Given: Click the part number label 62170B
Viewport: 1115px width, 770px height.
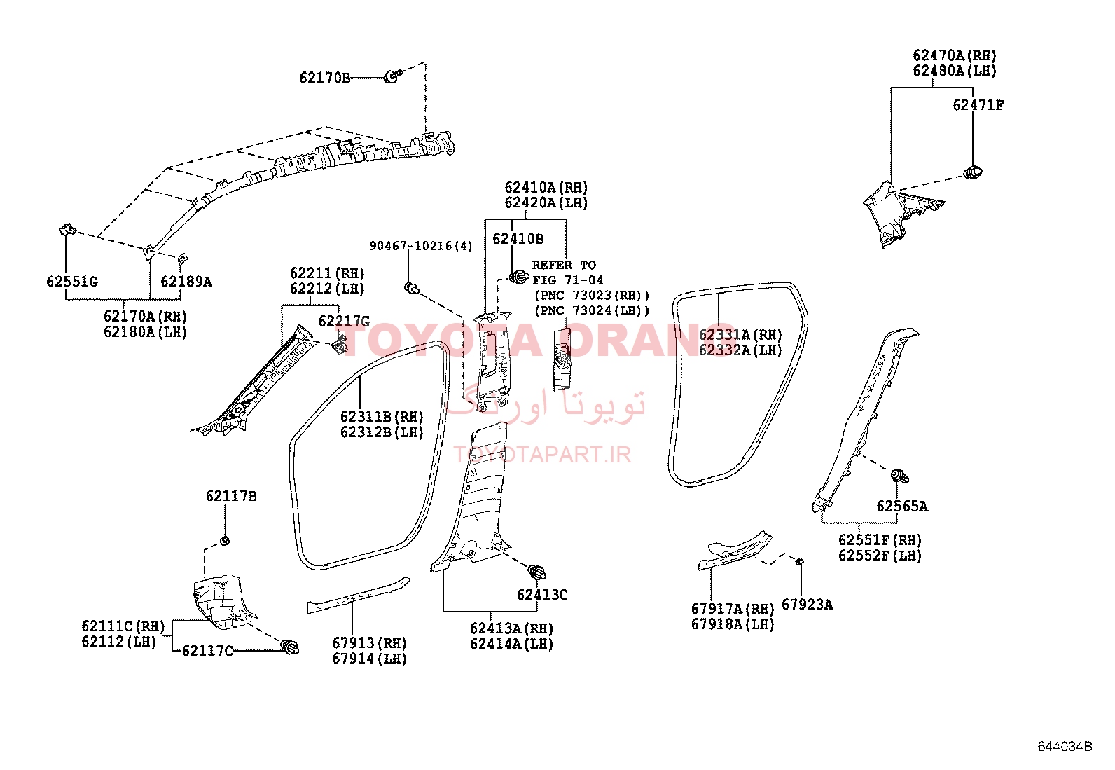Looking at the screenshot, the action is point(324,78).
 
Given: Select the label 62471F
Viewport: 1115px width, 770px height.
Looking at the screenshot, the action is point(978,105).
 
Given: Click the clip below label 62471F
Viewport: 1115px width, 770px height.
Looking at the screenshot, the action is point(973,172).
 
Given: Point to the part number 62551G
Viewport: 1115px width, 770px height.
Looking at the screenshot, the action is point(72,282).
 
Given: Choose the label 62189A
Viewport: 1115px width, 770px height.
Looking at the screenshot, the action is point(186,282).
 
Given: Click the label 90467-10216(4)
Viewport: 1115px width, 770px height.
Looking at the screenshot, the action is point(421,246).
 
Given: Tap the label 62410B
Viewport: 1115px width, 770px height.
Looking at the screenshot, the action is point(518,239).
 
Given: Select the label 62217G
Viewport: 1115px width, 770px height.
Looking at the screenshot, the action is point(344,322).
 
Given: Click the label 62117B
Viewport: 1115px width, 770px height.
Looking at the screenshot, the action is point(231,496).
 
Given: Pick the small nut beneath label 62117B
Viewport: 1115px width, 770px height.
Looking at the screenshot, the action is point(225,540).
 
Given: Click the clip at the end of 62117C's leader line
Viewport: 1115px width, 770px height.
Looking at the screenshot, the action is point(290,647).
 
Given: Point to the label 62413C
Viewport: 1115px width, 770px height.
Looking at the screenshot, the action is point(542,595).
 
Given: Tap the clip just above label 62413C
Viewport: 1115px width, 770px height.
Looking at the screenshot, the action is point(536,572).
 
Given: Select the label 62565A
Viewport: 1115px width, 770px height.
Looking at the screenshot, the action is point(902,507).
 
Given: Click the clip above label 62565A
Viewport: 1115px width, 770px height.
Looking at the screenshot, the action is point(900,476).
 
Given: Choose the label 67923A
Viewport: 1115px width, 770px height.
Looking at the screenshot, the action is point(807,605).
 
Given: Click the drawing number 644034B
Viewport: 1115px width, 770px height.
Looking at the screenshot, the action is point(1065,747).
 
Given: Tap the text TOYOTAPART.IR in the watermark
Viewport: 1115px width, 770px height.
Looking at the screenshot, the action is point(542,455).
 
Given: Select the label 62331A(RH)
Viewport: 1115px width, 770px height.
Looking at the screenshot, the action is point(740,335).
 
